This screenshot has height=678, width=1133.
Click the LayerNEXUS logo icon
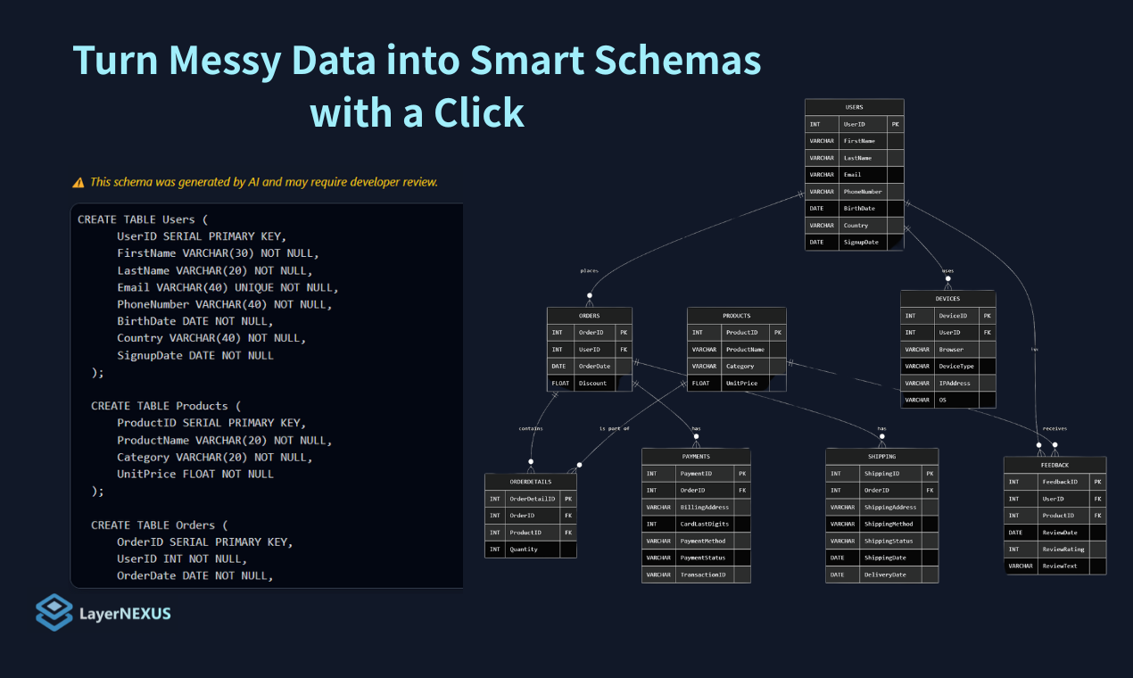54,612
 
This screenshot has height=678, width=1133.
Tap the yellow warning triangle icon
79,183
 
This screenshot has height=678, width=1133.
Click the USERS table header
854,107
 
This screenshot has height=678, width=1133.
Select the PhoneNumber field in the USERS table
863,192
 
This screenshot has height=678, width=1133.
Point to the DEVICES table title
947,299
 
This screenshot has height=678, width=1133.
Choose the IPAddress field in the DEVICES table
955,383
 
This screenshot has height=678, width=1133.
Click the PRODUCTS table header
736,316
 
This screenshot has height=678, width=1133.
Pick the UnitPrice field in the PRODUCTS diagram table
741,383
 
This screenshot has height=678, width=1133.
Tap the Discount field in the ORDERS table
592,383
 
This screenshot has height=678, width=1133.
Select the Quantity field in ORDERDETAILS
524,550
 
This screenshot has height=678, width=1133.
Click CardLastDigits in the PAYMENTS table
703,524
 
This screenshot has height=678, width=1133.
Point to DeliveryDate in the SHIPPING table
885,575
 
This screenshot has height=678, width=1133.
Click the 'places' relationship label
589,270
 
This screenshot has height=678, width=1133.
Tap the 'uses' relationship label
947,270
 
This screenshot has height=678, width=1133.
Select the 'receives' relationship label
1054,428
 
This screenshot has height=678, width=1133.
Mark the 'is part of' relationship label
614,428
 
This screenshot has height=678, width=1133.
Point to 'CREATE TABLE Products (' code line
166,406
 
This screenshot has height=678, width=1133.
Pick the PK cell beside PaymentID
742,474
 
